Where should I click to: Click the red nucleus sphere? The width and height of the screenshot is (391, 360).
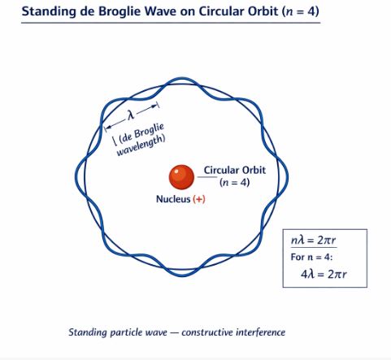(x=180, y=176)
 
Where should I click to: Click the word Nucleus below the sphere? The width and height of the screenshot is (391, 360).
(x=172, y=199)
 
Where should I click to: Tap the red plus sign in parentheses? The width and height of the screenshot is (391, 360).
(x=198, y=199)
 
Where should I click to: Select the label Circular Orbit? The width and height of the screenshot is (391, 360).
(x=234, y=170)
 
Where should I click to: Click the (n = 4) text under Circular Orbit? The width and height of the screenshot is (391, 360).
(x=234, y=183)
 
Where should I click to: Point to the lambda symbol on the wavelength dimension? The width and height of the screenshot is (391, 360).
(x=129, y=114)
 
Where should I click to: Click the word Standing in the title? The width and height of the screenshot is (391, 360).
(x=48, y=12)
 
